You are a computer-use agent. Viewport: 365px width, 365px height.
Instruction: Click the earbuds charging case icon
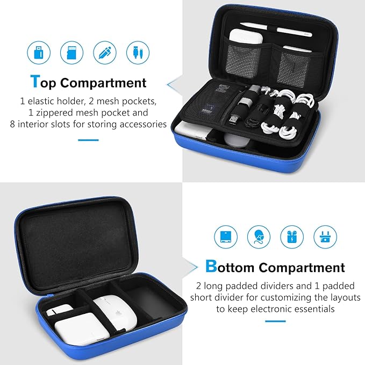pos(292,236)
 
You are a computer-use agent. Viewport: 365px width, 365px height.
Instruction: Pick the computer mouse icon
pos(259,236)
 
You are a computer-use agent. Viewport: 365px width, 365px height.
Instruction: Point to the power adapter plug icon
pos(325,236)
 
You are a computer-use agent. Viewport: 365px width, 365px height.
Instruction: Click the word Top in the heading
pos(44,83)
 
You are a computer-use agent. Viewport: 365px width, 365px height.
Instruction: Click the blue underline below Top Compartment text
pos(88,140)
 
